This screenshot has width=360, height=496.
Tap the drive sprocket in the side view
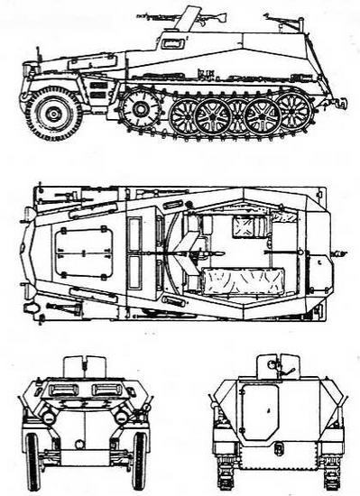pos(140,109)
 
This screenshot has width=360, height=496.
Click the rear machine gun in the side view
pos(280,17)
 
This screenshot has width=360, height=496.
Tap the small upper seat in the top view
pos(245,225)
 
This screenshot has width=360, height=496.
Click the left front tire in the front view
pos(33,460)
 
